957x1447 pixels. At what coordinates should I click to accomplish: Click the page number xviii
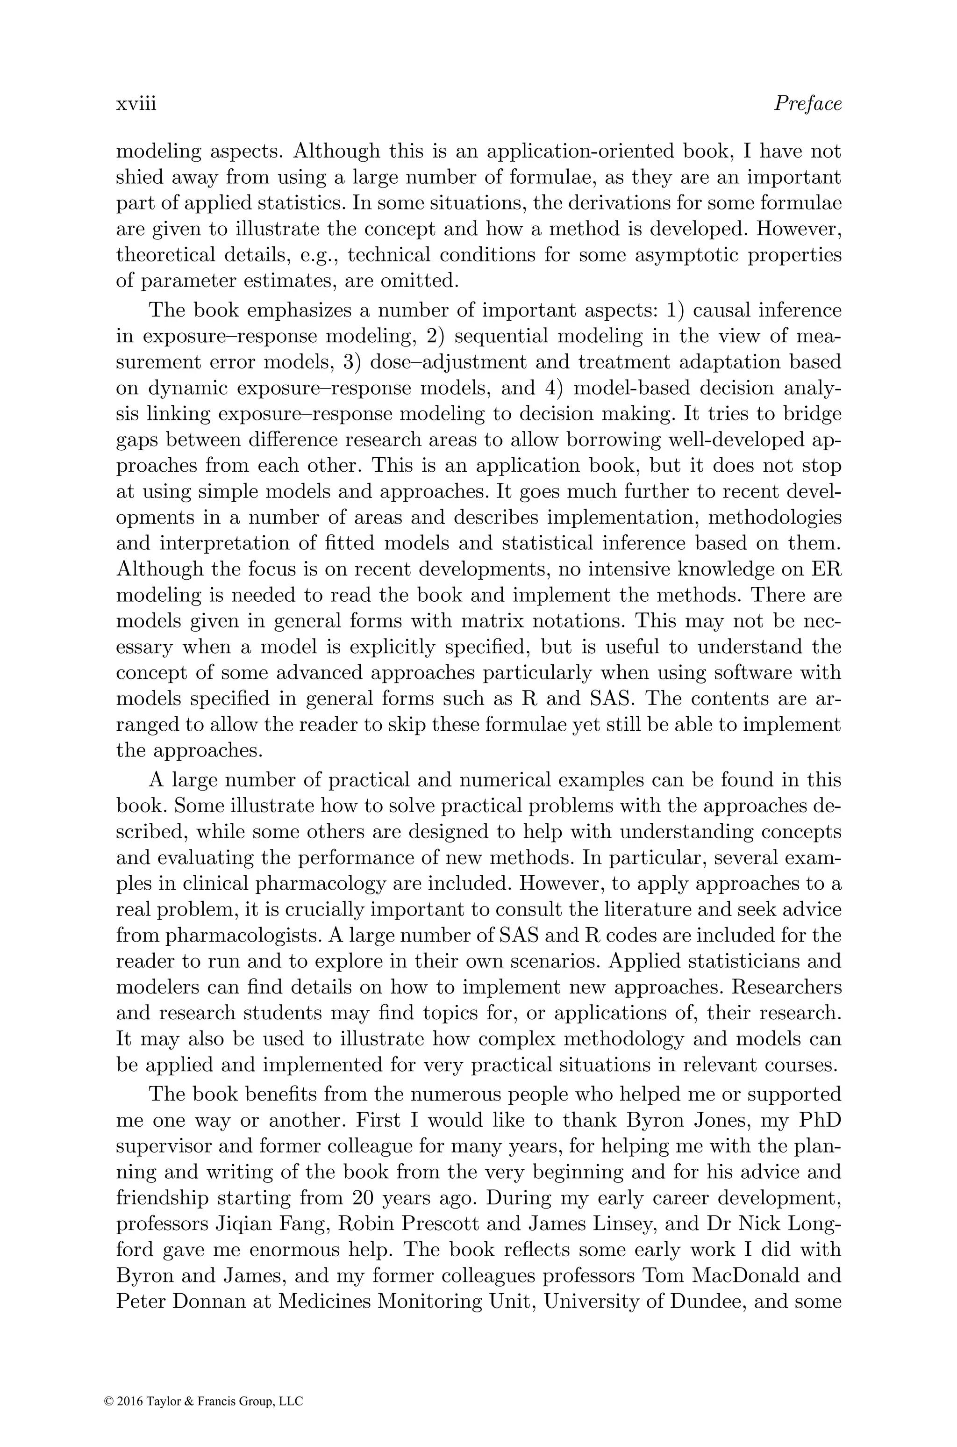click(136, 104)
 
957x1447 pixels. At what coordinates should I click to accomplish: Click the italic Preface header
click(807, 104)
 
